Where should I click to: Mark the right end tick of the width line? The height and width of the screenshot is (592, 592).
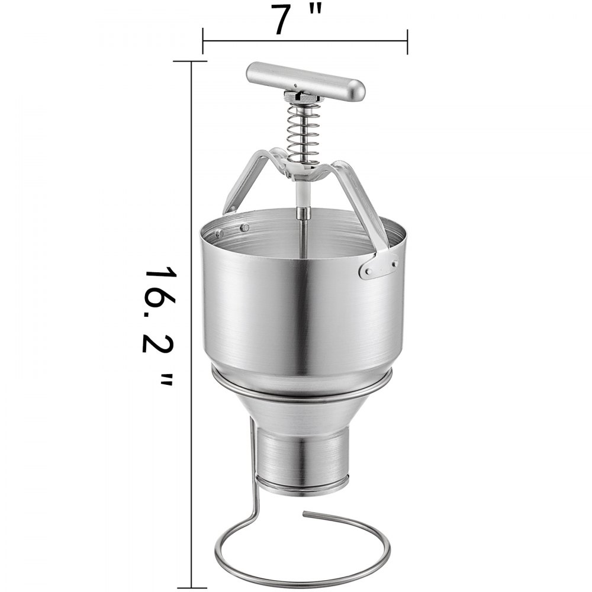click(407, 41)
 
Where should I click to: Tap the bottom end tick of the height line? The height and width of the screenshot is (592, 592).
click(191, 585)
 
